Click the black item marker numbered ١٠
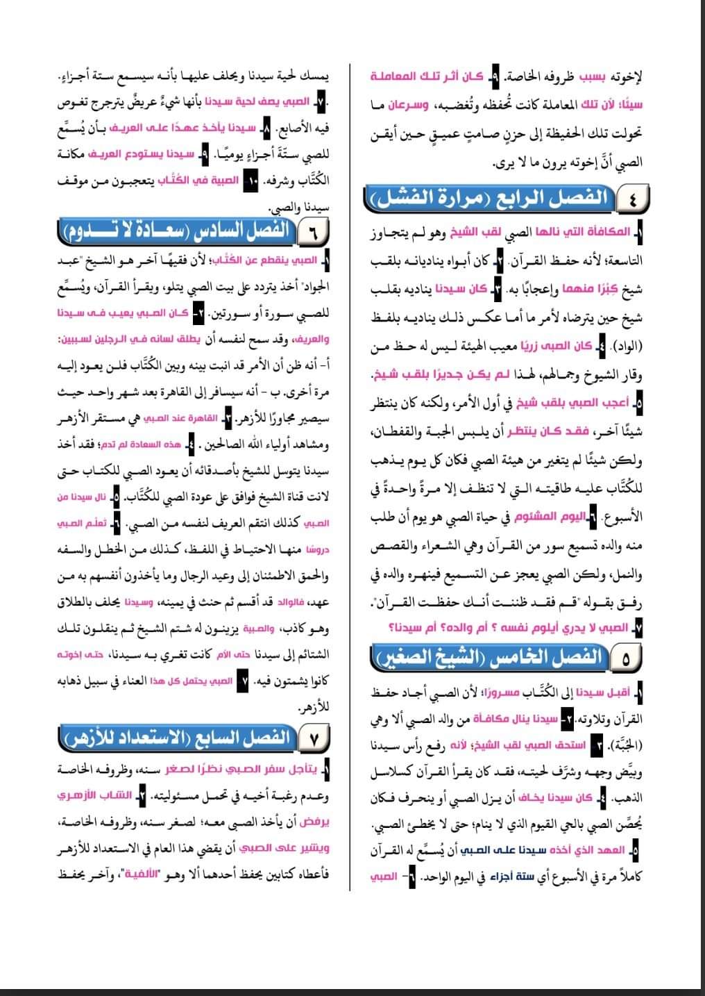pos(252,181)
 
